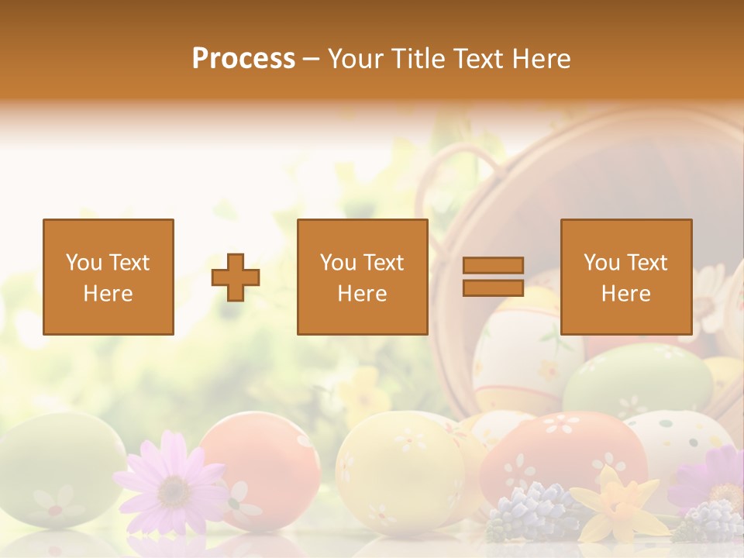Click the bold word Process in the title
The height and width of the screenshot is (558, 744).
pos(243,58)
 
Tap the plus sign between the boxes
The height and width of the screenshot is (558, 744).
pos(236,277)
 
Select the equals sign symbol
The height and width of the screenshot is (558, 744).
pos(493,277)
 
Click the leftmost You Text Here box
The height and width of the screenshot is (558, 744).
pos(108,277)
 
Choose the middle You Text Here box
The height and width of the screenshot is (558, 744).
pos(362,277)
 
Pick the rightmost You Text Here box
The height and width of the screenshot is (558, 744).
pos(625,277)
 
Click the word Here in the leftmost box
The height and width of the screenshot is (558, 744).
pos(108,294)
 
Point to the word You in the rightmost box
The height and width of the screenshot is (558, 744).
pos(601,263)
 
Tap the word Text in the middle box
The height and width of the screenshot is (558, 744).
pos(384,263)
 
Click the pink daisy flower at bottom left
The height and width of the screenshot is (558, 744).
pos(172,484)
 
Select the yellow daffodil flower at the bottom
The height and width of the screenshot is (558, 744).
pos(620,504)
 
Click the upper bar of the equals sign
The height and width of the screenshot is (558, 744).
pos(493,266)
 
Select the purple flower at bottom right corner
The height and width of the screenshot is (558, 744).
pos(717,480)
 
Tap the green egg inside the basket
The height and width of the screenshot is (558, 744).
pos(635,380)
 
